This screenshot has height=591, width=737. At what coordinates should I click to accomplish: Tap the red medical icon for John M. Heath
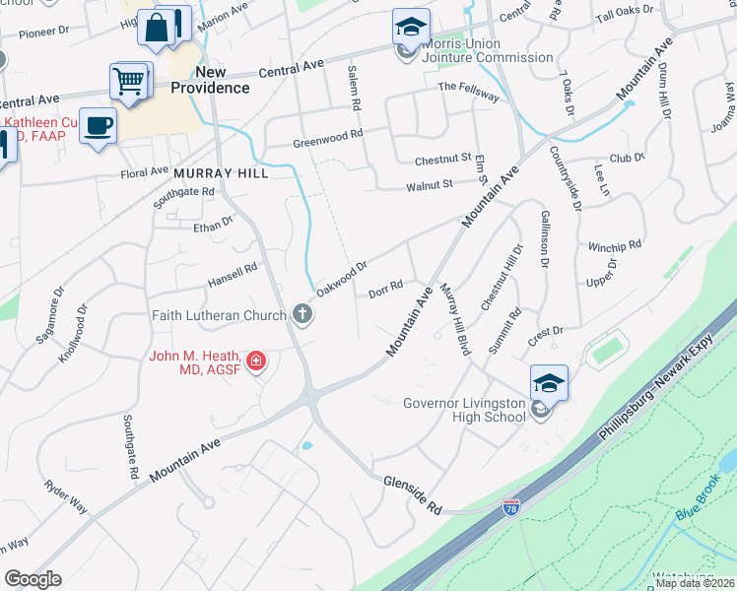pos(256,361)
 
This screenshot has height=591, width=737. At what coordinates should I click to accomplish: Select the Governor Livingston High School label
pos(465,410)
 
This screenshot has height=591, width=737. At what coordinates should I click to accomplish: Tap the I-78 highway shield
pos(511,507)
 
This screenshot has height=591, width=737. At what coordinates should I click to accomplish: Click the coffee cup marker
pos(98,126)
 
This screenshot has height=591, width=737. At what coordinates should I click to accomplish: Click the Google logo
pos(33,579)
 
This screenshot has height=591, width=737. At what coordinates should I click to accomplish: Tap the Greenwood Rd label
pos(328,139)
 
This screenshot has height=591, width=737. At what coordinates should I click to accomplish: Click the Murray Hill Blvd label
pos(453,320)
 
